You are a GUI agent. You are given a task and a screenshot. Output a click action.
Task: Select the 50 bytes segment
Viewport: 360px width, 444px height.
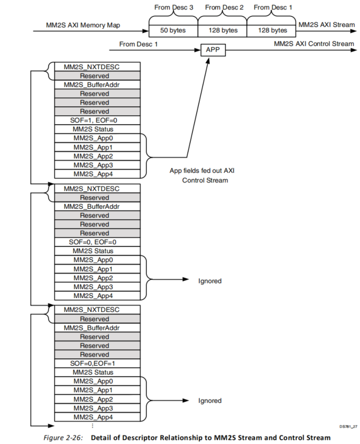point(173,31)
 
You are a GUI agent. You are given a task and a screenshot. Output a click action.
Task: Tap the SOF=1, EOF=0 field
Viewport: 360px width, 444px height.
point(96,120)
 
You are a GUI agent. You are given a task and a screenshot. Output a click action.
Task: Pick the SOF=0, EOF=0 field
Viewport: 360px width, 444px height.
point(96,242)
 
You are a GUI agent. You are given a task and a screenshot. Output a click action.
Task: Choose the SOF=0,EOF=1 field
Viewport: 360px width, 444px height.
point(96,364)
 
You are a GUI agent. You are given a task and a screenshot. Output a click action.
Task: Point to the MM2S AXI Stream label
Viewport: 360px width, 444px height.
point(326,24)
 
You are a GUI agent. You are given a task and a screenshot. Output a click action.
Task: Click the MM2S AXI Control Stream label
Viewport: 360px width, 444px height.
point(314,44)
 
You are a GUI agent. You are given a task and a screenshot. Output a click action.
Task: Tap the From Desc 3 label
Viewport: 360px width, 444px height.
point(173,7)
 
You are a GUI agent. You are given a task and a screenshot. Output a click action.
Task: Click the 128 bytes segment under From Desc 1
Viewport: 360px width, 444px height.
point(272,31)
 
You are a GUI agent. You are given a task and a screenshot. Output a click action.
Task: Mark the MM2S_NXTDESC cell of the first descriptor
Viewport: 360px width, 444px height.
point(96,67)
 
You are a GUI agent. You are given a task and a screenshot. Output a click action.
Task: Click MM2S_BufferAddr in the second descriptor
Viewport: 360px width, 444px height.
point(96,207)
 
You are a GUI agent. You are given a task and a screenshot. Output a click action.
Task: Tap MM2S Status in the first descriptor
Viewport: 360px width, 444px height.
point(96,129)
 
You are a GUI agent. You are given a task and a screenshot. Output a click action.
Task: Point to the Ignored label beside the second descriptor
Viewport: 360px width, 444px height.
point(210,281)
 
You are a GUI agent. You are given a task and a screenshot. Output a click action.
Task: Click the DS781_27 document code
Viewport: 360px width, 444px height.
point(347,426)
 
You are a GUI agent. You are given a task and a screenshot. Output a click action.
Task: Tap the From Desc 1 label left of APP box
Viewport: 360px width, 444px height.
point(139,44)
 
